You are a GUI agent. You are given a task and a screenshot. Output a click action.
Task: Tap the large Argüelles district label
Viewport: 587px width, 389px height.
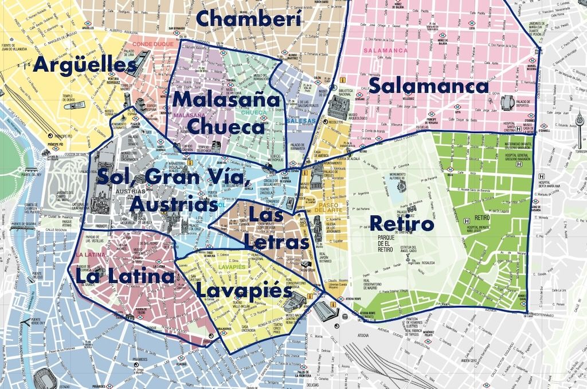pyautogui.click(x=85, y=64)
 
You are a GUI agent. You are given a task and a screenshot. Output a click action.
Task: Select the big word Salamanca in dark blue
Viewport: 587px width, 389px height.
pyautogui.click(x=428, y=87)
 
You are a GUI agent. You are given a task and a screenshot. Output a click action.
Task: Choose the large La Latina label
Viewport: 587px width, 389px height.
pyautogui.click(x=124, y=277)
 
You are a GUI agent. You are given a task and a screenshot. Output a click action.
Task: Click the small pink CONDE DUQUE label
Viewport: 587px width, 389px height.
pyautogui.click(x=150, y=44)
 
